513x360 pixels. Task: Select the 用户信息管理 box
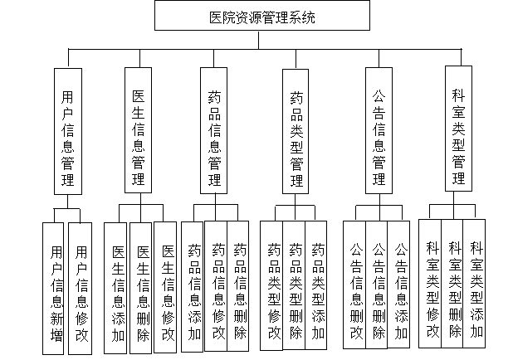[x=68, y=131]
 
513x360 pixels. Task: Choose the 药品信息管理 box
[x=213, y=131]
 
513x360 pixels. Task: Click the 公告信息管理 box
[x=379, y=130]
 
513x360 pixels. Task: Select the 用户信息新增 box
[x=56, y=289]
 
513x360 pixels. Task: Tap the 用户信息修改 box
[x=81, y=289]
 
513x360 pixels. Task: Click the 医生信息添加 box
[x=117, y=289]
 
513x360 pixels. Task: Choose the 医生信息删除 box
[x=142, y=289]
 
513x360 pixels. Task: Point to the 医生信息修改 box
[x=167, y=289]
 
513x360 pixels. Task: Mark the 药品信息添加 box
[x=193, y=289]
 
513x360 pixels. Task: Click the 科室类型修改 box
[x=431, y=285]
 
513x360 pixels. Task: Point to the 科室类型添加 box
[x=476, y=285]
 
